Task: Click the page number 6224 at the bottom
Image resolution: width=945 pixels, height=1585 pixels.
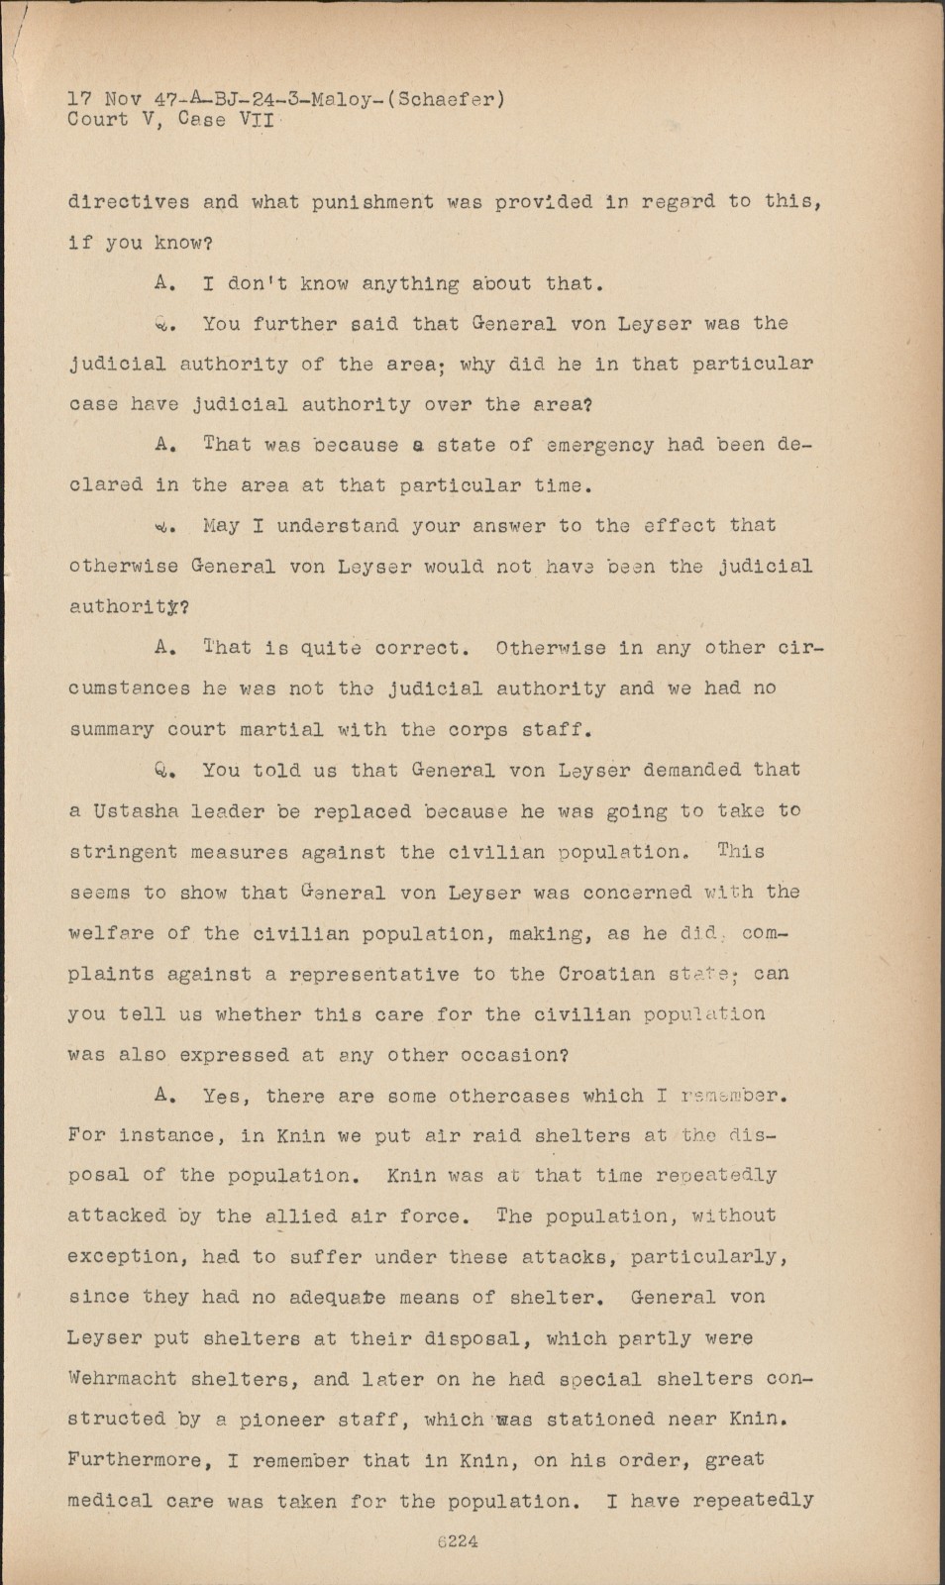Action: pos(458,1540)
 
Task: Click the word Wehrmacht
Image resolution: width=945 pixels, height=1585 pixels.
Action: pos(122,1378)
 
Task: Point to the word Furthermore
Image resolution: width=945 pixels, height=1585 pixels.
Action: pos(134,1460)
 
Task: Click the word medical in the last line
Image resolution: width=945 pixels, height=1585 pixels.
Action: pos(110,1501)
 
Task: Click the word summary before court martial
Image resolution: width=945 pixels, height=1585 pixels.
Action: pos(111,729)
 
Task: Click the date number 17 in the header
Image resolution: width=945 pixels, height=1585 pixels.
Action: pos(79,99)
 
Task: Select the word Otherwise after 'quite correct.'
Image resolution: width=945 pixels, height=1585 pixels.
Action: pos(558,648)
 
